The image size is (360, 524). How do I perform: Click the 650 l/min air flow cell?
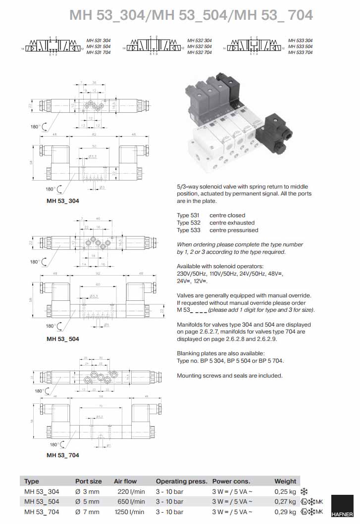[131, 501]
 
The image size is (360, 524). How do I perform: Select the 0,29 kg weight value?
[285, 512]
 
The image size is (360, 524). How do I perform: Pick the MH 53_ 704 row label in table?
[42, 512]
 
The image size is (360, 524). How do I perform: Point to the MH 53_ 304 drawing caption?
[62, 201]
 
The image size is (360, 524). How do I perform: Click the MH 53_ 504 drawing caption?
[62, 339]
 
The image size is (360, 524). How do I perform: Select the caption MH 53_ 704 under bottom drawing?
[62, 455]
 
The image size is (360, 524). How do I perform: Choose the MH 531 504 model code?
[99, 47]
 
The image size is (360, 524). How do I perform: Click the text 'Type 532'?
[189, 223]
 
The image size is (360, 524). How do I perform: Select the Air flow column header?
[125, 481]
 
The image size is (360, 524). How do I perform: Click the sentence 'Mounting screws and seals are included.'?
[230, 376]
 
